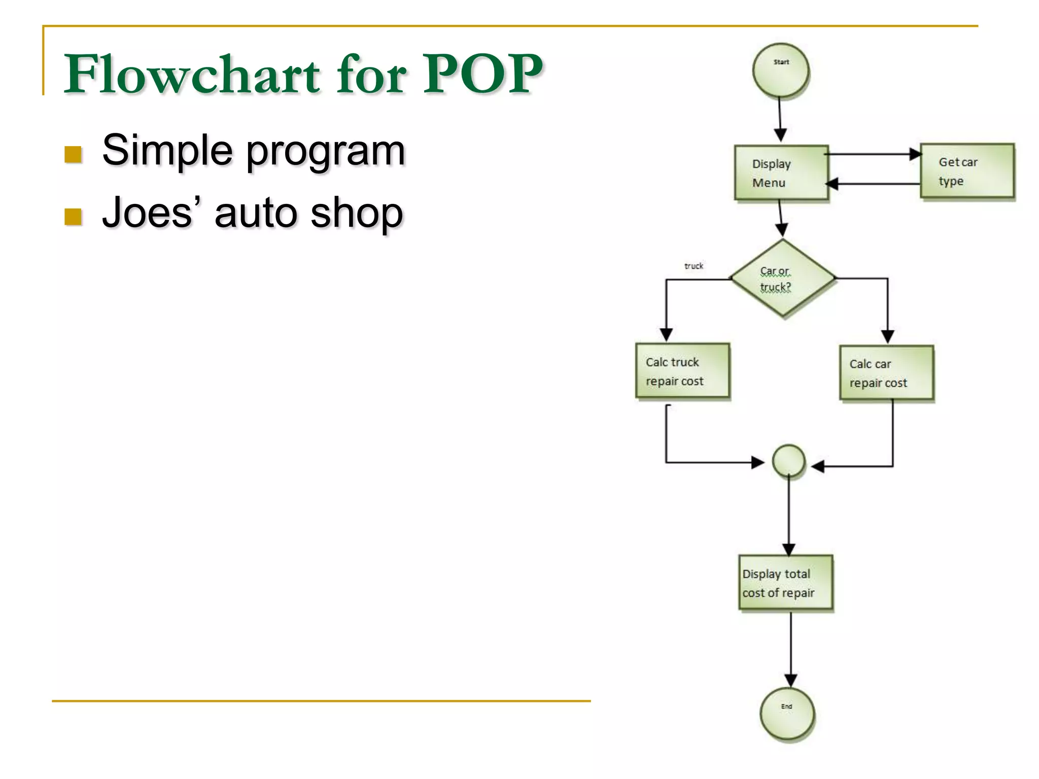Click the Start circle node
[780, 70]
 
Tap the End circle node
[787, 714]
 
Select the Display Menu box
[781, 173]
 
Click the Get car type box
[967, 171]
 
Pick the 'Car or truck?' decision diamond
[782, 278]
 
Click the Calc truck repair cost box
[682, 371]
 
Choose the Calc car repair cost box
[886, 373]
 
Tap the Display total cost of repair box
[785, 582]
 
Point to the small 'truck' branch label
[694, 266]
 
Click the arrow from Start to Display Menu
[780, 119]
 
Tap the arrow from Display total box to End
[790, 649]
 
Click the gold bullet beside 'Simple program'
[74, 155]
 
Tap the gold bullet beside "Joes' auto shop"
[74, 217]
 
